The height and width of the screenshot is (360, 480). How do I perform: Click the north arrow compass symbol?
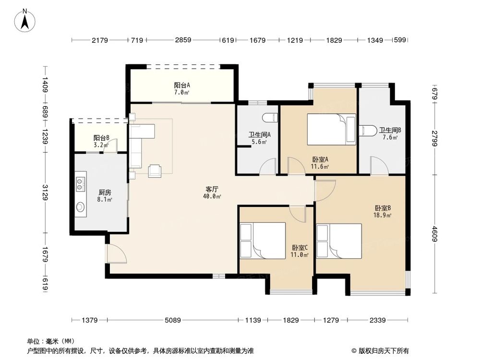pos(27,20)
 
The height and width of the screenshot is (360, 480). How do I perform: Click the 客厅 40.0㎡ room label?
pos(212,192)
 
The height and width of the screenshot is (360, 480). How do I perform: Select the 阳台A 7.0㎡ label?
pos(181,88)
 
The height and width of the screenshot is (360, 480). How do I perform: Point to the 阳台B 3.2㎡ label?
pos(101,141)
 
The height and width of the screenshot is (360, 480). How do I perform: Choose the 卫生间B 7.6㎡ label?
pos(390,133)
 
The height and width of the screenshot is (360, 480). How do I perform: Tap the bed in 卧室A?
pos(331,129)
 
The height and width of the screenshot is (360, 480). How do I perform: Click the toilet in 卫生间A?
pos(271,117)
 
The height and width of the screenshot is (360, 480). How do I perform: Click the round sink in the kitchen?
pos(81,207)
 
